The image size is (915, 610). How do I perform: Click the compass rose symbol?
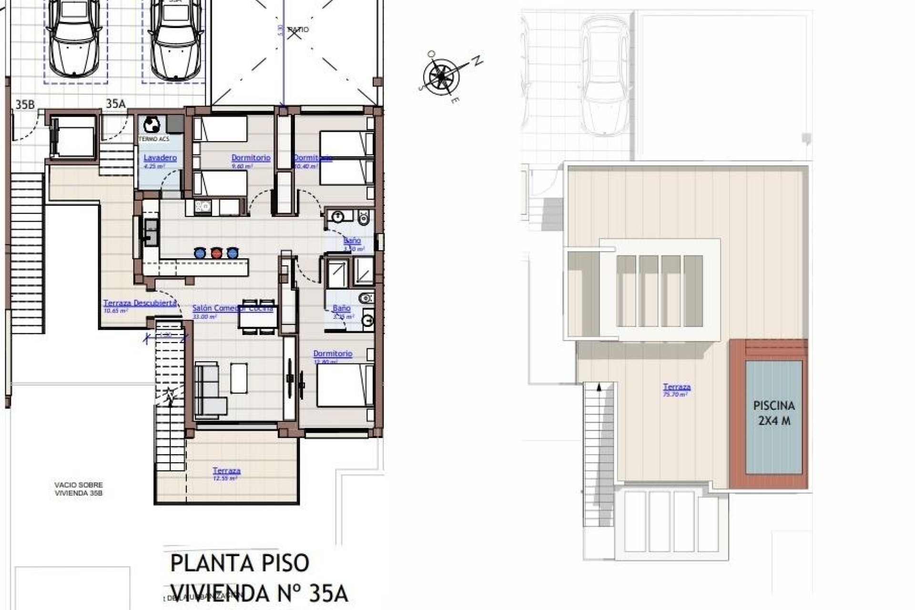tap(441, 76)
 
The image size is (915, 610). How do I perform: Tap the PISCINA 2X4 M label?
tap(774, 413)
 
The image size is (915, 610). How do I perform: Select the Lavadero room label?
tap(160, 158)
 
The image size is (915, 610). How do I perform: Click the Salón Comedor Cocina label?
tap(233, 308)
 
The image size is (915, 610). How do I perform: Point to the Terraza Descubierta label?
tap(140, 303)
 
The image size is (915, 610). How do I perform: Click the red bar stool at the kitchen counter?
tap(216, 253)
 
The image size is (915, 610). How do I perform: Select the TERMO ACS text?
tap(153, 139)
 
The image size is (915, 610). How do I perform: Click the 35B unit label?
tap(25, 104)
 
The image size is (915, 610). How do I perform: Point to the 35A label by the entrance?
tap(115, 104)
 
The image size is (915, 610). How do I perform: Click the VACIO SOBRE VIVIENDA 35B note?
tap(78, 489)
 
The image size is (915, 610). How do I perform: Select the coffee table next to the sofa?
tap(239, 377)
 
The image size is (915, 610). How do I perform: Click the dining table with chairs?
tap(258, 315)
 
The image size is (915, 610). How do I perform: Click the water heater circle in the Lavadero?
tap(152, 125)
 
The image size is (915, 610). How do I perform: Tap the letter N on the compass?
tap(477, 61)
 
